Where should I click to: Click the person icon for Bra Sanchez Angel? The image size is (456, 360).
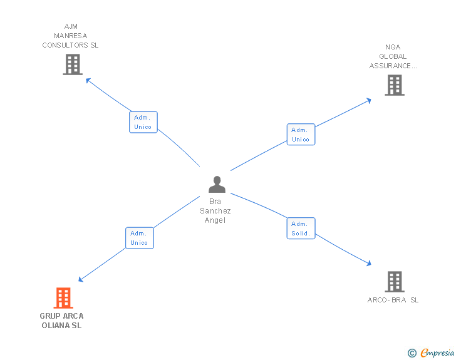217,185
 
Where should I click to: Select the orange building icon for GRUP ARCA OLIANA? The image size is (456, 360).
63,298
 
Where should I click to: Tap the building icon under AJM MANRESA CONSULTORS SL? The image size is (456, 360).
73,64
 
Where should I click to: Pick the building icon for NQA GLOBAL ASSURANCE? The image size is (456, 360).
394,85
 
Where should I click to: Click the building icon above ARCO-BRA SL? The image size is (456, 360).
394,282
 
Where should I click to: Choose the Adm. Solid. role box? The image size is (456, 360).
301,229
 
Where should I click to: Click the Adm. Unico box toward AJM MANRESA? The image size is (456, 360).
143,122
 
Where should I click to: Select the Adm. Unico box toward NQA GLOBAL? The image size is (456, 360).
301,135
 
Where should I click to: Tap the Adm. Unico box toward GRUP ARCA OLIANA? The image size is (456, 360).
139,238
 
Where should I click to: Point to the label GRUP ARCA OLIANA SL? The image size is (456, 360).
61,321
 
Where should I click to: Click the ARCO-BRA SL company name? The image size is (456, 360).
393,300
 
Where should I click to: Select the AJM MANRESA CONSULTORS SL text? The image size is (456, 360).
70,36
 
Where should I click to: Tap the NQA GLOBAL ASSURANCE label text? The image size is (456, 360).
393,56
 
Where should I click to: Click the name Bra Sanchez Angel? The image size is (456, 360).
215,211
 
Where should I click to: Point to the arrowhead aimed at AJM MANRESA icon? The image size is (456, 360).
87,80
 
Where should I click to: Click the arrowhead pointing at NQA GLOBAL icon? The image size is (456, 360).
370,100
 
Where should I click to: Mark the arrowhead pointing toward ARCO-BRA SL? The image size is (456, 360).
370,265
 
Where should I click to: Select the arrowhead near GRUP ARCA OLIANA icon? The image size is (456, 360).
80,280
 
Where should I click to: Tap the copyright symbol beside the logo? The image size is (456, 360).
412,353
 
